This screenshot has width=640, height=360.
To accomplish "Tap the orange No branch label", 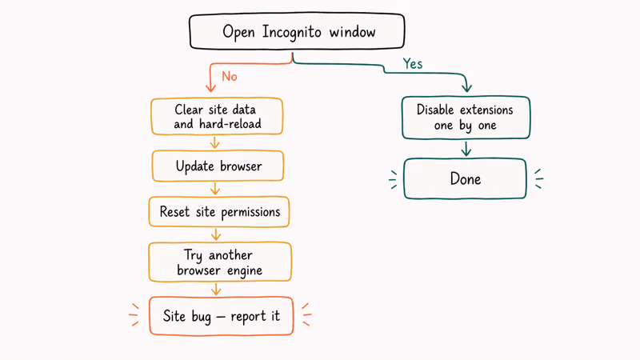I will click(x=230, y=77).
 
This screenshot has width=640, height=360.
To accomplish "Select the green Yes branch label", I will click(x=412, y=63).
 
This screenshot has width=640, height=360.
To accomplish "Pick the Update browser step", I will click(x=218, y=166).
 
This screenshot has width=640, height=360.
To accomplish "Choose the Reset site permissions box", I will click(x=219, y=212).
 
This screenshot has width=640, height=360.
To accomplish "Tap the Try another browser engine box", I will click(x=219, y=262).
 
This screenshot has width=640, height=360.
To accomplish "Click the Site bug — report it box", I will click(x=221, y=316).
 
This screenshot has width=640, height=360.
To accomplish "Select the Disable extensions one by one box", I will click(x=464, y=118).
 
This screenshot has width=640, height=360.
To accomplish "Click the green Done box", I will click(x=464, y=178).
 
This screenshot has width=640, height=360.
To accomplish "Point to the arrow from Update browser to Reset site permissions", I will click(x=215, y=189).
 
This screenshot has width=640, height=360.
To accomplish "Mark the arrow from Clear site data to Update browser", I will click(x=214, y=142).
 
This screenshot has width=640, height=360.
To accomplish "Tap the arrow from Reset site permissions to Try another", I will click(x=215, y=235).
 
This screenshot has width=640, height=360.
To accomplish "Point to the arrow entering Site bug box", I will click(x=215, y=289).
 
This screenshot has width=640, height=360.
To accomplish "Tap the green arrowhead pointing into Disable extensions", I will click(x=466, y=88).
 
